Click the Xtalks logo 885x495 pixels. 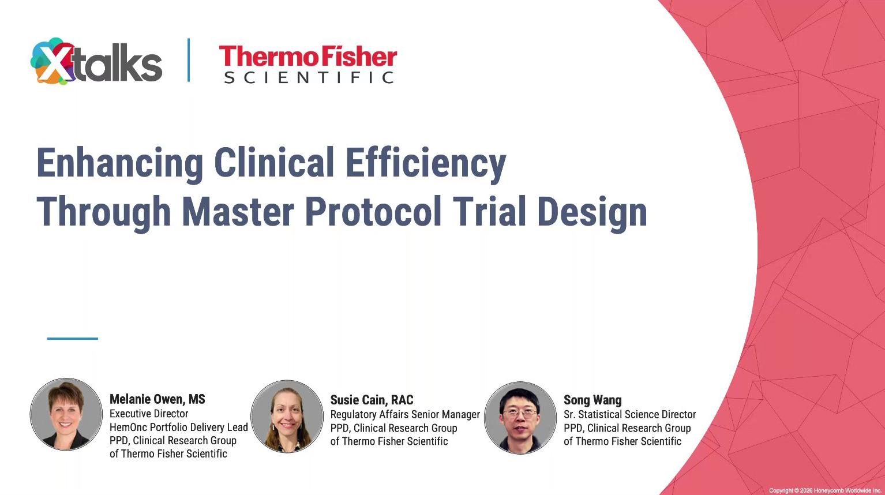coord(96,61)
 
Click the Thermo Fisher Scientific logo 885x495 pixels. coord(308,64)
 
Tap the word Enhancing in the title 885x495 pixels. coord(119,163)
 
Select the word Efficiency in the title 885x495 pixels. coord(425,163)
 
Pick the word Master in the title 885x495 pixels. coord(238,212)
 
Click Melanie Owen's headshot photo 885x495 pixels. coord(66,414)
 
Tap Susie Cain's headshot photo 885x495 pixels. coord(287,415)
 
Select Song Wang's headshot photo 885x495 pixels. coord(520,417)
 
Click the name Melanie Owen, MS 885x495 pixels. coord(157,399)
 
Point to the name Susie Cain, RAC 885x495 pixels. coord(372,400)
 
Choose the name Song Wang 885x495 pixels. coord(592,400)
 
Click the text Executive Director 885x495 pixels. coord(149,414)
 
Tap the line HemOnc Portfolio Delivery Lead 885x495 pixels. coord(178,427)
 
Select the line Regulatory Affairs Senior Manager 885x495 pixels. coord(404,414)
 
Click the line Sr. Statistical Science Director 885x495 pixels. coord(629,414)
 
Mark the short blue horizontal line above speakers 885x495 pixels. coord(73,338)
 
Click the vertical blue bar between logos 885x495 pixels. coord(188,60)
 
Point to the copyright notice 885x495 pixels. coord(825,490)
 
